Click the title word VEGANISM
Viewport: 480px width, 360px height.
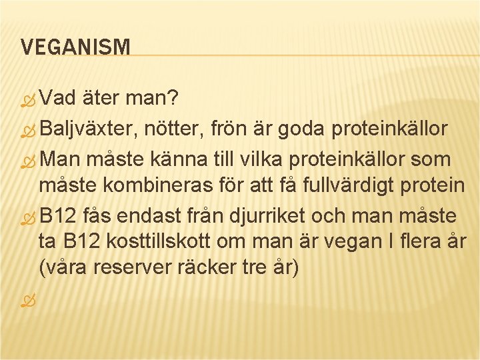[75, 47]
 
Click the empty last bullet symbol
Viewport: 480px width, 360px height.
[26, 302]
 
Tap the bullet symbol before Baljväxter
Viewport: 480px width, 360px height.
[26, 131]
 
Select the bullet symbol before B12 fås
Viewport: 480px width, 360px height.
[26, 218]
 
